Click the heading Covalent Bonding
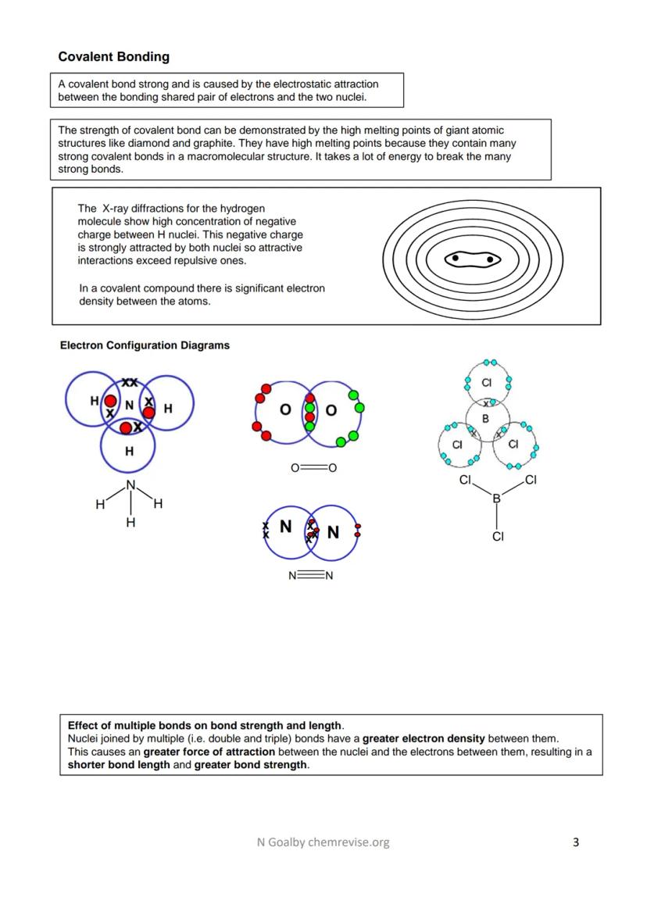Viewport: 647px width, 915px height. (113, 57)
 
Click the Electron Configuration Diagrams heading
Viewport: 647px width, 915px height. (145, 345)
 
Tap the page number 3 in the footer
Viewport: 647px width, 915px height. (576, 842)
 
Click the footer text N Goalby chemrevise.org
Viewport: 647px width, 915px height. (323, 842)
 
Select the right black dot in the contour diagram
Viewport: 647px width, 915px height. (490, 259)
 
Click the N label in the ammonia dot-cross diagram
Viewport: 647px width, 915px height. (130, 405)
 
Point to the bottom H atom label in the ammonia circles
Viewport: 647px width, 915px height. (129, 451)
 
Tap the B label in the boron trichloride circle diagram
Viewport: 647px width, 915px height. (485, 419)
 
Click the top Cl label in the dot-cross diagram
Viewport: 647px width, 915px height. (486, 383)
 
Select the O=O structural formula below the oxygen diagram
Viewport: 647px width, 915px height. (313, 469)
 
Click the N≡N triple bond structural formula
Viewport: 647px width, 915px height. (311, 577)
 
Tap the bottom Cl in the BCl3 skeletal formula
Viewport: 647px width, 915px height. (498, 537)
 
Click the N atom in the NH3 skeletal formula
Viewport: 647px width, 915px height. (130, 485)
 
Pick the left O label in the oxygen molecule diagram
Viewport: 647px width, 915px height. (285, 410)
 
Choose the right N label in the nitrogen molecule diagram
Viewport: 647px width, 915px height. (333, 533)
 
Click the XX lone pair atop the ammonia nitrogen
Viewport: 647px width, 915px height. (130, 383)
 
